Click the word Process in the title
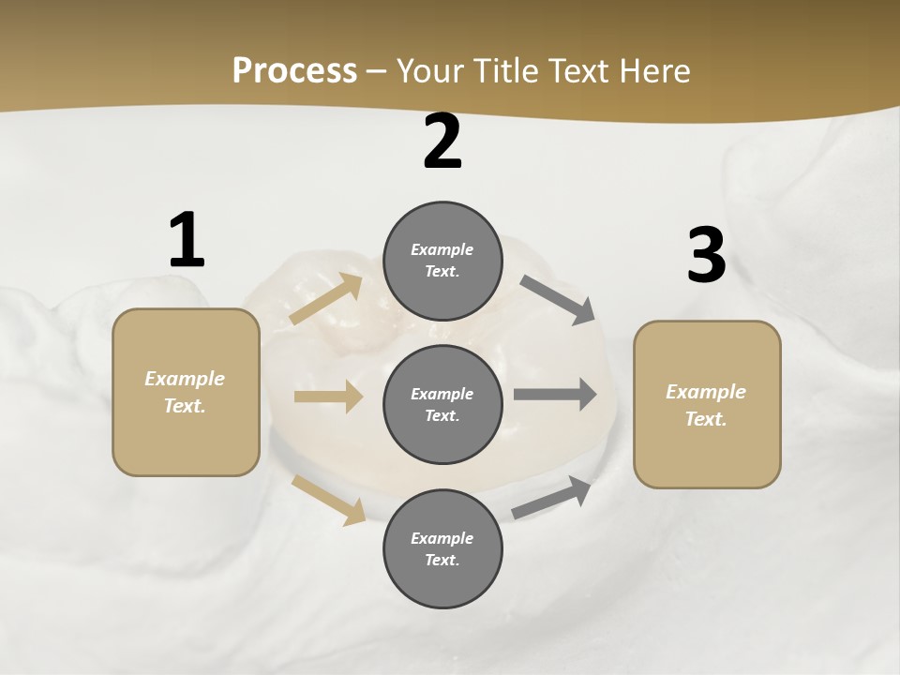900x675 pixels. click(294, 70)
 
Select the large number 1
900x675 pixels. click(187, 241)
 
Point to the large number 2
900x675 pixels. click(442, 142)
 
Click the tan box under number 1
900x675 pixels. click(186, 392)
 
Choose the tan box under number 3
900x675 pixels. click(707, 404)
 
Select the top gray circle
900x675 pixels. click(442, 261)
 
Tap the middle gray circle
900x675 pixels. click(442, 404)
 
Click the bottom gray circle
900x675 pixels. click(442, 548)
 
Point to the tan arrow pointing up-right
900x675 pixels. click(326, 299)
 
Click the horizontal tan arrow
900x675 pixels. click(328, 397)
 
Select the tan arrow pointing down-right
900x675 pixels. click(329, 500)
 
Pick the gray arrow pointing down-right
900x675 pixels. click(559, 299)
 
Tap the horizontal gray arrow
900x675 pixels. click(555, 394)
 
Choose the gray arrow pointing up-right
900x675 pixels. click(553, 498)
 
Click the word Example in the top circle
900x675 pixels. click(442, 249)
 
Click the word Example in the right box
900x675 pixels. click(706, 392)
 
